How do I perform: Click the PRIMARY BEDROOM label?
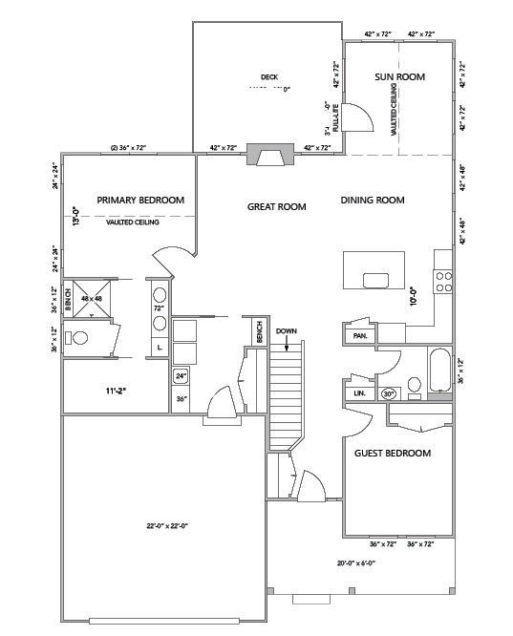[140, 201]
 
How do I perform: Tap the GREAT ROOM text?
[277, 206]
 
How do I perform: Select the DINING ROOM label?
[373, 201]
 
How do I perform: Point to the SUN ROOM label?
[399, 76]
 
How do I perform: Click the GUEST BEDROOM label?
[393, 453]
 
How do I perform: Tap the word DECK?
[267, 77]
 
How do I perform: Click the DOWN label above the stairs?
[287, 331]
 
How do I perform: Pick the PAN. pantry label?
[360, 336]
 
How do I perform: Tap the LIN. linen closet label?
[359, 392]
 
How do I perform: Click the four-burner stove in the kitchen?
[443, 280]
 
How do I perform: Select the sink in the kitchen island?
[375, 280]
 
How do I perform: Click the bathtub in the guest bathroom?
[440, 372]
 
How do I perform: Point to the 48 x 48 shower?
[91, 298]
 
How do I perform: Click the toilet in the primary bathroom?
[81, 338]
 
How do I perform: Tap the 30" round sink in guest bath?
[389, 392]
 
